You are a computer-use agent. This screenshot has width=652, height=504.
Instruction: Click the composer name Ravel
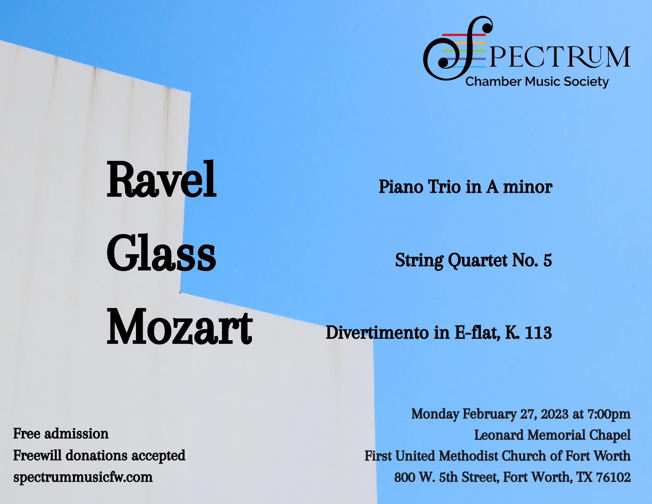[162, 179]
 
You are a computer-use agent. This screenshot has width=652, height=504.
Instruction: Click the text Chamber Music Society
[537, 82]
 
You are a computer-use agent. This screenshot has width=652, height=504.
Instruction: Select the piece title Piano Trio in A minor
[466, 187]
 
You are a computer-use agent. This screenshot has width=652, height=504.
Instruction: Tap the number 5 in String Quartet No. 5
[548, 260]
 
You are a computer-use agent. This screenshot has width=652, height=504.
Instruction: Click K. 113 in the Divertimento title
[529, 333]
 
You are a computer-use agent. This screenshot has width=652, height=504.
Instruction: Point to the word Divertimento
[378, 333]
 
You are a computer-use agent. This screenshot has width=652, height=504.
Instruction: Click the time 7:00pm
[609, 414]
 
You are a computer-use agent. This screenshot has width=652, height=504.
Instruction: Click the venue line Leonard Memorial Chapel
[552, 435]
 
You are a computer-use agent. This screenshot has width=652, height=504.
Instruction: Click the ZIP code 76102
[613, 477]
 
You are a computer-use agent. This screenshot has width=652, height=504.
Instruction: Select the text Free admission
[61, 434]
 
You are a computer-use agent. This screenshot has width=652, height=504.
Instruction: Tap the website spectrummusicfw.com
[83, 477]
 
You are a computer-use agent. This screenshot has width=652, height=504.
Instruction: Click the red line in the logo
[464, 35]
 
